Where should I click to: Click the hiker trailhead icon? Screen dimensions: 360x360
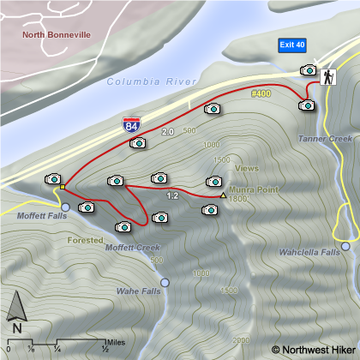pos(327,77)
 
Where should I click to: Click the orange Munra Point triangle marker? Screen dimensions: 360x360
pos(223,195)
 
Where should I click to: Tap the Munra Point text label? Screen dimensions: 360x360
pos(250,189)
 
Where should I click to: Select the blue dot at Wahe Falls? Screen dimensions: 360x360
pos(165,282)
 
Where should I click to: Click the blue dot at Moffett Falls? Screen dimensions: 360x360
pos(65,207)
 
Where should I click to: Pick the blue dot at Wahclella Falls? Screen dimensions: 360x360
pos(345,246)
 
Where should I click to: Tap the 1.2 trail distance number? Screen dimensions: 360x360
pos(171,196)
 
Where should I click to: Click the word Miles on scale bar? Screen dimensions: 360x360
pos(117,342)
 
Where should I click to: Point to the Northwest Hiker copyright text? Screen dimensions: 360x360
pos(311,349)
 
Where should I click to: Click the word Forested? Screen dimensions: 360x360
pos(85,241)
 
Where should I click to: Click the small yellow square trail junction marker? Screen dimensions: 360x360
pos(63,185)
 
